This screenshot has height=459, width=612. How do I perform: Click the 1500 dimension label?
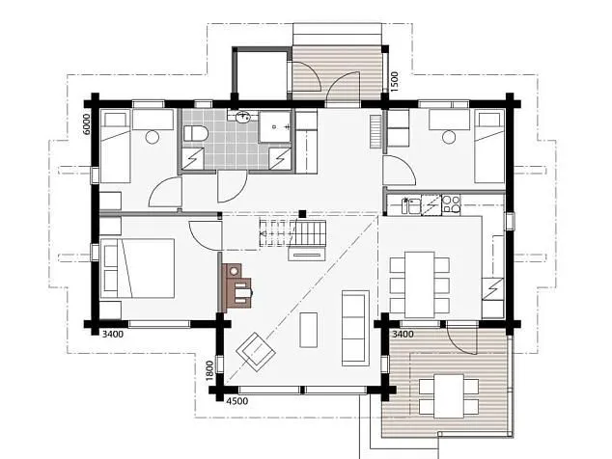(394, 82)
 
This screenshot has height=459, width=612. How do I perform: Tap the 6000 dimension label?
(86, 124)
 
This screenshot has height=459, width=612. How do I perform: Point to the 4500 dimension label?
(237, 401)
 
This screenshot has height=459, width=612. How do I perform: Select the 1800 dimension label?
(209, 371)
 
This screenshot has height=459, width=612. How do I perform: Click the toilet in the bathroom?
(196, 134)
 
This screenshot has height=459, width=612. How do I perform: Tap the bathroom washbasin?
(243, 116)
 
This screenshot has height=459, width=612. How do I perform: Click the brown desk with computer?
(236, 285)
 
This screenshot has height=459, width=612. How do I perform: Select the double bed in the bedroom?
(137, 269)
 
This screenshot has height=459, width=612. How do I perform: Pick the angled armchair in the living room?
(256, 352)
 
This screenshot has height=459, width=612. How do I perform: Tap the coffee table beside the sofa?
(308, 330)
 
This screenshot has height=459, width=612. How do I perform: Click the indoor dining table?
(420, 285)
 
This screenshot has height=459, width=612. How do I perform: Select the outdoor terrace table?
(449, 396)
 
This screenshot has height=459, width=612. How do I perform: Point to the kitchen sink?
(411, 205)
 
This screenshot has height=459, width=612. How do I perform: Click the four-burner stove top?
(451, 204)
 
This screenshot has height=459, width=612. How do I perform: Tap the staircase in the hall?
(292, 233)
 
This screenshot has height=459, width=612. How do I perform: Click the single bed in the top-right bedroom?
(489, 147)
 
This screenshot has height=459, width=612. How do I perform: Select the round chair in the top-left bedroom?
(152, 137)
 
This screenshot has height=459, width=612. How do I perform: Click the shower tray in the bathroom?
(275, 126)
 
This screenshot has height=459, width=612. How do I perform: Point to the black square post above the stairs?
(302, 214)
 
